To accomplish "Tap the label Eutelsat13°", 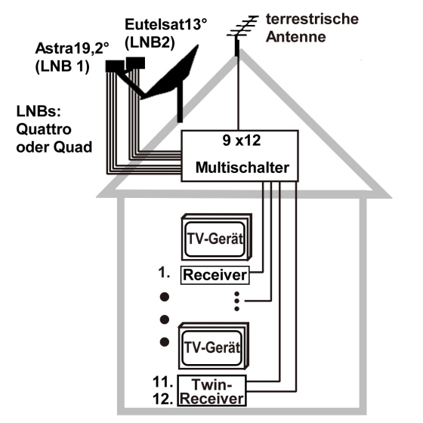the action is [165, 24].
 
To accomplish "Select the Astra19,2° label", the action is [72, 48].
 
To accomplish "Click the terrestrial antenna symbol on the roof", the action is [242, 34].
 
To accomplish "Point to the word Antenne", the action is [295, 37].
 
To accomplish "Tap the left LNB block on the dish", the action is [115, 66].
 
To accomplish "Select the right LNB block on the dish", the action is [135, 63].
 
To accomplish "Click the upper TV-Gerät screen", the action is [215, 239].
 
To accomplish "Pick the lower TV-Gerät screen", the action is [212, 347].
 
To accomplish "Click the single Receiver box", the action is [215, 275].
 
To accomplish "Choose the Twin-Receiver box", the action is [211, 391].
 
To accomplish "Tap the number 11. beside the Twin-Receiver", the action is [163, 382].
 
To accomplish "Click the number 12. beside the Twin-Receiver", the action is [163, 399].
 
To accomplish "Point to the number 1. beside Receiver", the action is [164, 273].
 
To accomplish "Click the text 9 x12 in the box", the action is [242, 140].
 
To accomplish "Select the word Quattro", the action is [44, 129].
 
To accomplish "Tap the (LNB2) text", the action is [150, 42].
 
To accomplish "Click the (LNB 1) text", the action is [62, 66].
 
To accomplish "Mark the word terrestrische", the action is [313, 19].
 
